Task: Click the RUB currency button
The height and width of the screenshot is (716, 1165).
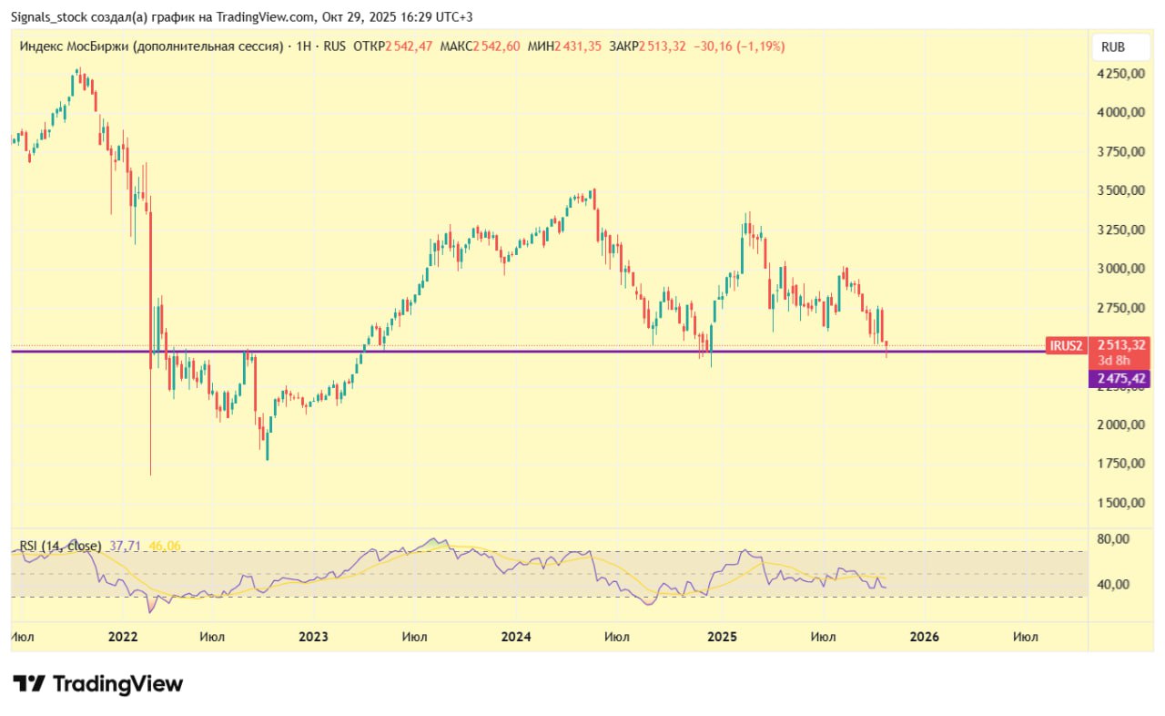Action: (1111, 46)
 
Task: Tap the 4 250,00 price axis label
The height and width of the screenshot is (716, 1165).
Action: (1120, 74)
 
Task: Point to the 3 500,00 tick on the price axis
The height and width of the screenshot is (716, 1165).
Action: (1120, 190)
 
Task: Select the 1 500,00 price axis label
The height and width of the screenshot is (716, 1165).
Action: (1120, 503)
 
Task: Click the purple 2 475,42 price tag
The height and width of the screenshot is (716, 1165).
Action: (1119, 378)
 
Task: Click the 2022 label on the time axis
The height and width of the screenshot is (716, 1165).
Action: (123, 637)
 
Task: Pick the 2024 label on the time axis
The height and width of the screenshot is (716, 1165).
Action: (517, 637)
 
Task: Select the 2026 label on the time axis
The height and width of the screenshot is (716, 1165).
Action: (925, 637)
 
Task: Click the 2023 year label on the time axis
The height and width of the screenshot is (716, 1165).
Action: (313, 637)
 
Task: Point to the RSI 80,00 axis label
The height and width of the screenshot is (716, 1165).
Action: (1114, 538)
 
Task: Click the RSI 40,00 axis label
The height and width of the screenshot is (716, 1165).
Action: (1114, 584)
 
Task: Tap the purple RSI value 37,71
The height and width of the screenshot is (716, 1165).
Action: (125, 546)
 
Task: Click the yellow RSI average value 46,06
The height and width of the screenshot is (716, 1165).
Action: (165, 546)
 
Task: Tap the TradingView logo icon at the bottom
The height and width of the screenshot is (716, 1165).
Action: (29, 683)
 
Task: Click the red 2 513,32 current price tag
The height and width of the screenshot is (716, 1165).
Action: (1120, 344)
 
